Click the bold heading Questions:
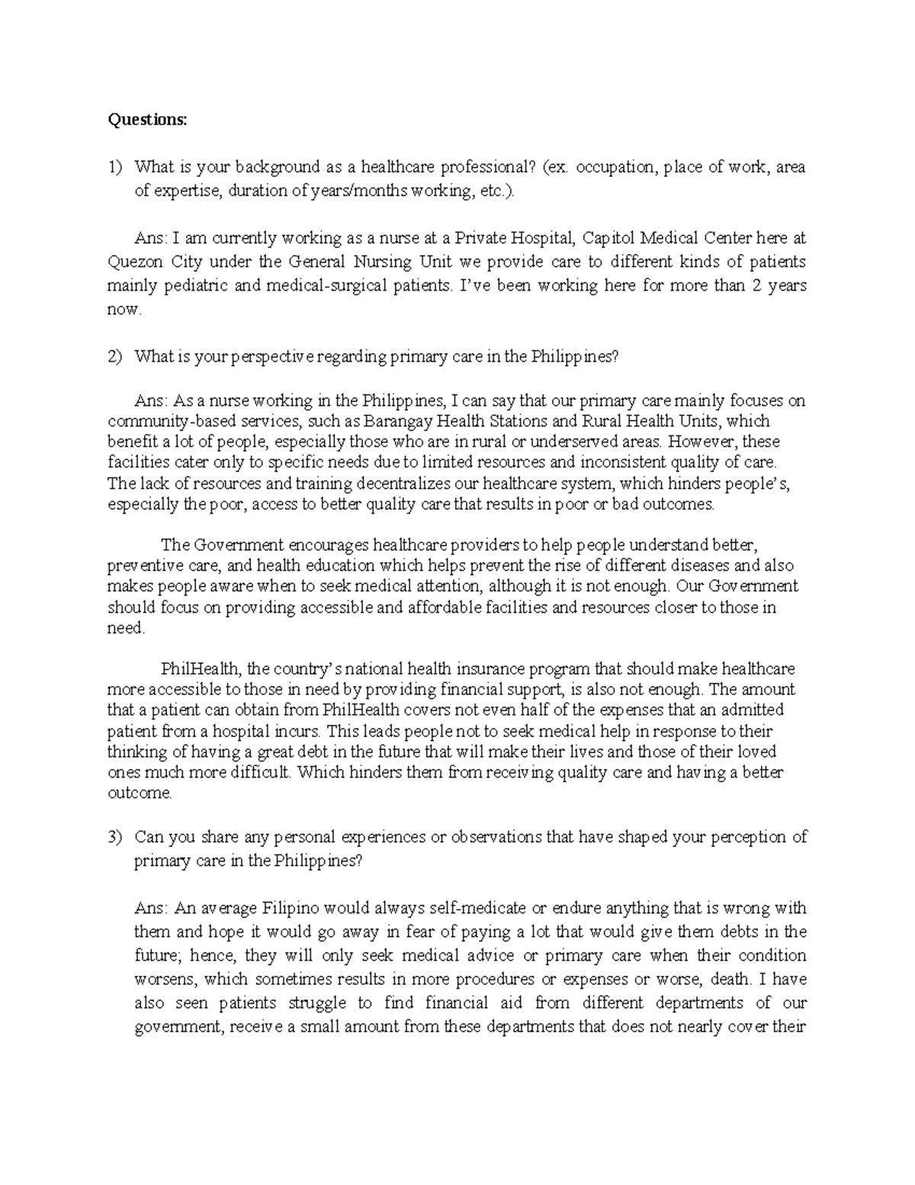[146, 120]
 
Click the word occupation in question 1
[615, 167]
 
